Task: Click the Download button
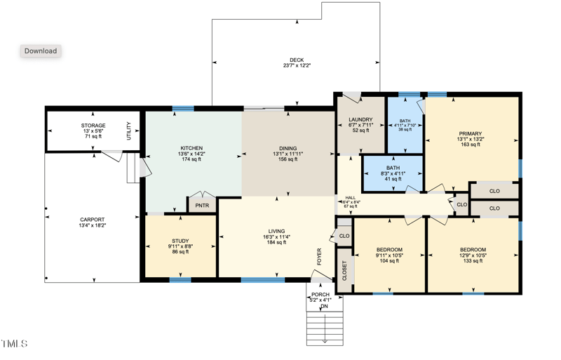(40, 51)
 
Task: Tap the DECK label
(297, 60)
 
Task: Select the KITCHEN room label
(191, 148)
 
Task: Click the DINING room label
(288, 149)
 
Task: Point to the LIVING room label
(277, 231)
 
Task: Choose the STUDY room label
(180, 241)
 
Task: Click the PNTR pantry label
(202, 206)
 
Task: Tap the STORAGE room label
(93, 126)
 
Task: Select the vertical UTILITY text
(129, 131)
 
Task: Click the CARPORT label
(93, 220)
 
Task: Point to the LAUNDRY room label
(360, 120)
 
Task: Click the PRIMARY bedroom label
(471, 133)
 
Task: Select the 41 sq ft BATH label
(393, 168)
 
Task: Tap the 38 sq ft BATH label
(405, 121)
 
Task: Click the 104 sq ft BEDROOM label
(389, 250)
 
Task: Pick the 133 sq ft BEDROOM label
(472, 250)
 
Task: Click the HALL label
(351, 198)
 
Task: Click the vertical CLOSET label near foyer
(344, 270)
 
